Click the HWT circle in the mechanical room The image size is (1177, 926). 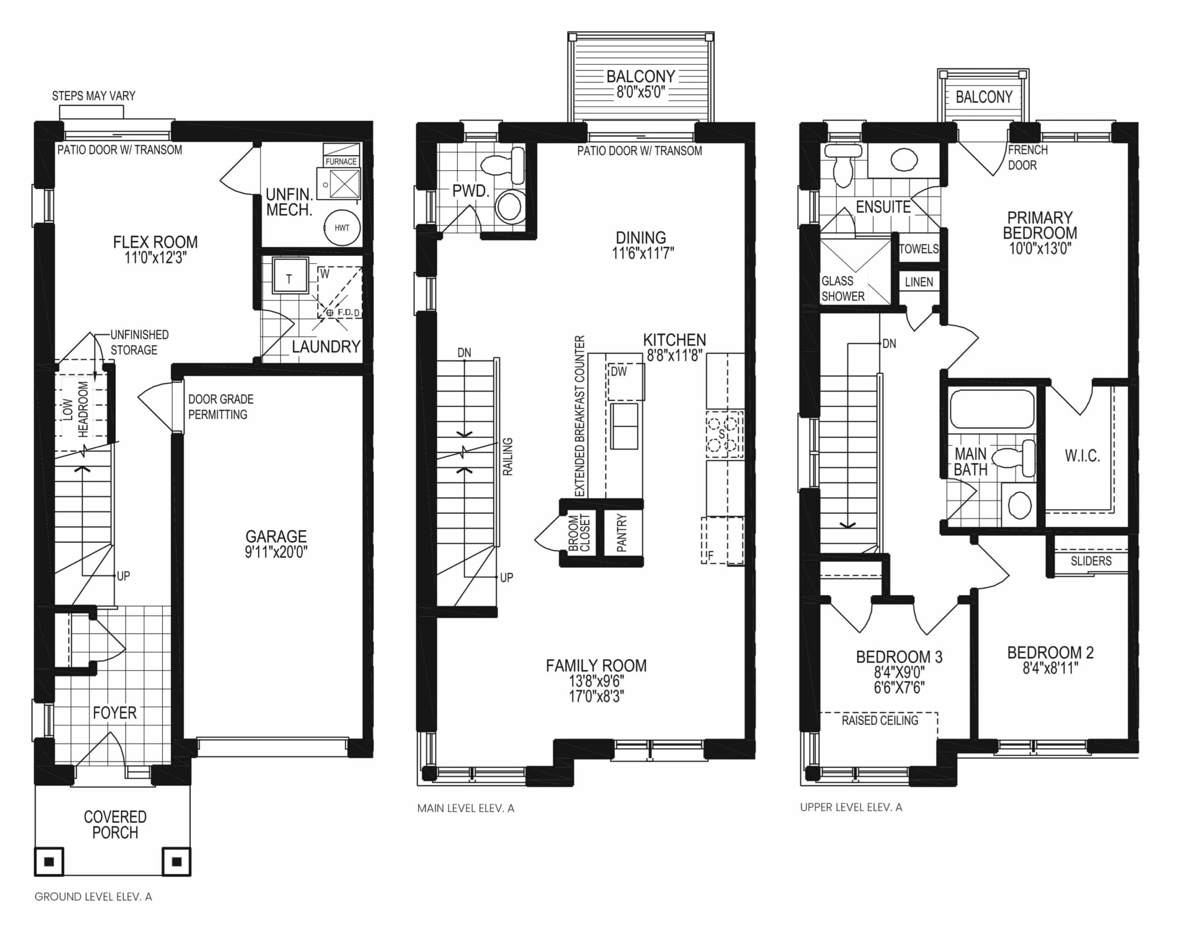pos(342,228)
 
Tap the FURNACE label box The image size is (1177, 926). pos(341,161)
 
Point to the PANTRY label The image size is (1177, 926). pos(622,534)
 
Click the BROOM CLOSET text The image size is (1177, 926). pos(579,534)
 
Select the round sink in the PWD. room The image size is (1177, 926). pos(509,206)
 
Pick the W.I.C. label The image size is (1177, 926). pos(1082,456)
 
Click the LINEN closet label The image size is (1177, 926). pos(919,282)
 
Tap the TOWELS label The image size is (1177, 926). pos(919,249)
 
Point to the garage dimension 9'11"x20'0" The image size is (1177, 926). pos(276,552)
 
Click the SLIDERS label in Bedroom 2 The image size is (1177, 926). pos(1091,561)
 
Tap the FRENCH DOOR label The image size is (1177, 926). pos(1028,157)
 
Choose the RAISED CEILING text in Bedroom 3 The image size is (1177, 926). pos(880,720)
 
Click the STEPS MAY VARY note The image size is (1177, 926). pos(94,96)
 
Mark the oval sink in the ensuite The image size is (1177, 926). pos(904,160)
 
